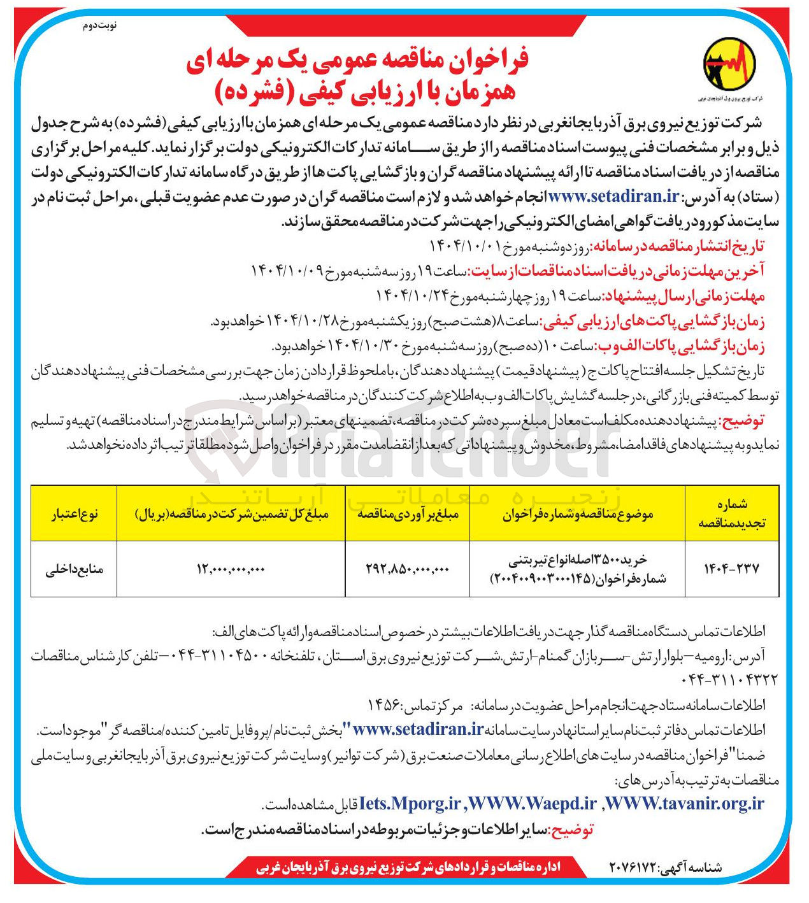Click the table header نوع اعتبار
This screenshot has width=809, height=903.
click(x=75, y=514)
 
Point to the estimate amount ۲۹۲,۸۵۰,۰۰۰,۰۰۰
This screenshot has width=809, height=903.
click(x=408, y=569)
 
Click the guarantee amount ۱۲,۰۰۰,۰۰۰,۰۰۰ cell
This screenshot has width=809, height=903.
click(x=231, y=569)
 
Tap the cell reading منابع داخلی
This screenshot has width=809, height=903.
click(x=75, y=569)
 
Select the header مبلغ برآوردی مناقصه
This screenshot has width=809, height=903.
click(x=408, y=514)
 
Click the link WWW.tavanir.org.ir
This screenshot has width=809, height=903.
click(x=685, y=804)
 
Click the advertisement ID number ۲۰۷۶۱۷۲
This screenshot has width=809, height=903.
click(x=634, y=867)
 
